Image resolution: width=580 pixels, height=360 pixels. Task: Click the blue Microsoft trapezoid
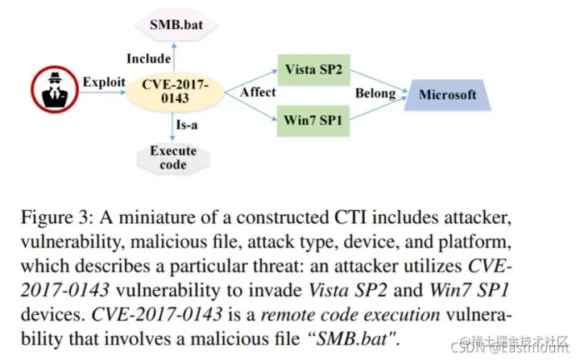point(447,95)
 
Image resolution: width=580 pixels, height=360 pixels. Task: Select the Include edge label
point(149,58)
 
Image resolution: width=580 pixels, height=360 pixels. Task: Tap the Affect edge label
point(257,93)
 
